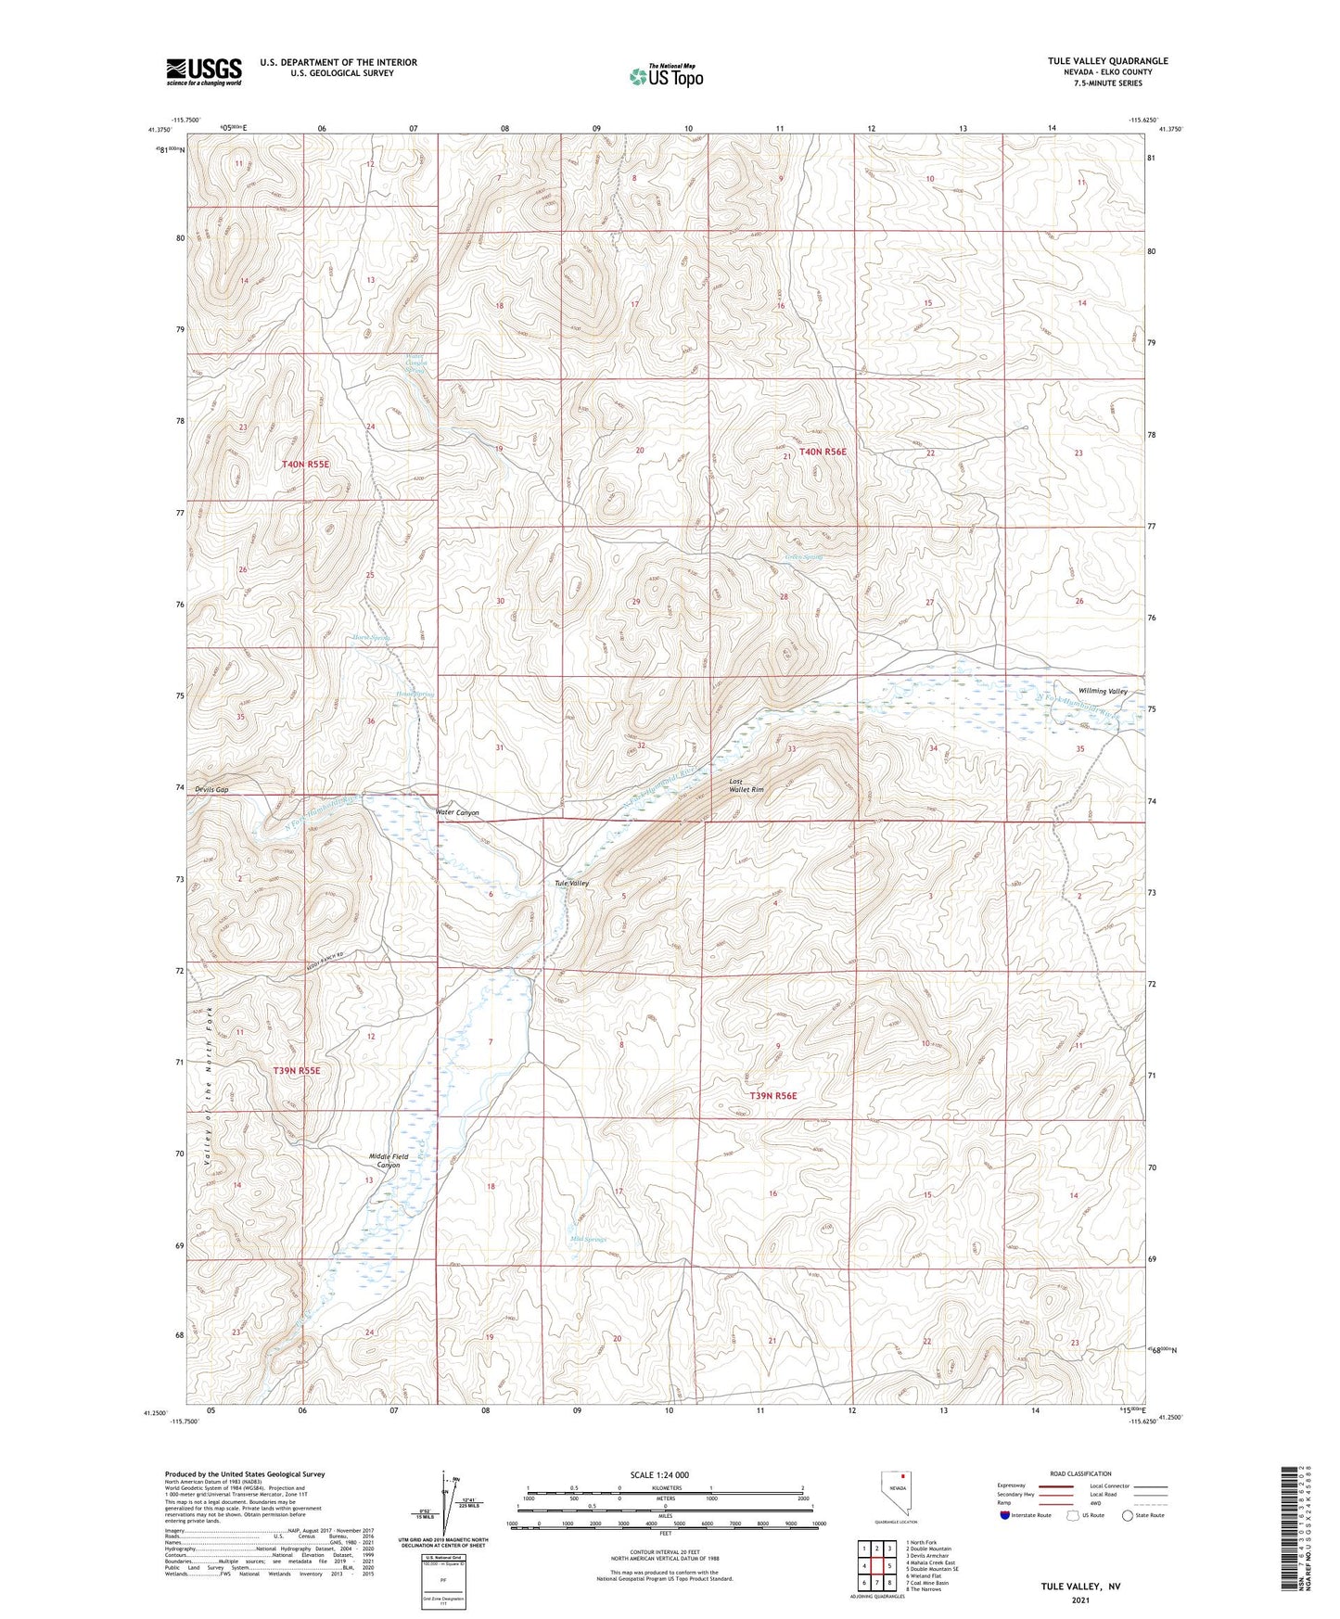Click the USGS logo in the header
(x=203, y=71)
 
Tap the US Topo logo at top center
(x=665, y=76)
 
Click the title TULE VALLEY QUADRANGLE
(x=1107, y=61)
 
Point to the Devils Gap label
(x=211, y=790)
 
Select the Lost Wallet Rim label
(x=746, y=785)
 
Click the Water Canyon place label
(x=458, y=812)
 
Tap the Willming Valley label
(x=1103, y=691)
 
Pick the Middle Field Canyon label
(x=388, y=1161)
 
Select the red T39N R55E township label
(x=296, y=1070)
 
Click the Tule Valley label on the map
(x=571, y=884)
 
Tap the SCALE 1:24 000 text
(x=665, y=1474)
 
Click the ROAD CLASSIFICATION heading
(x=1080, y=1473)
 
